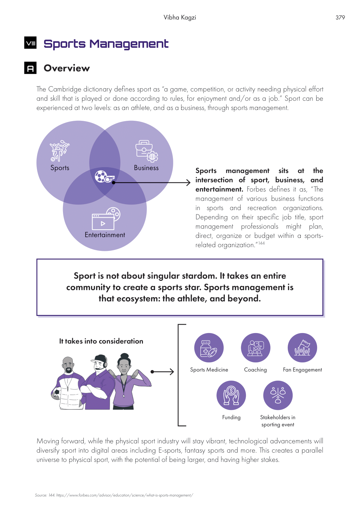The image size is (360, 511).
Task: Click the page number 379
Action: (340, 18)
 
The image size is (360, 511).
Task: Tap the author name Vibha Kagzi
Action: (180, 18)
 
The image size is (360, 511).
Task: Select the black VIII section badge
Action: (30, 43)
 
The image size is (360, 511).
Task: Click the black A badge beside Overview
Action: (30, 68)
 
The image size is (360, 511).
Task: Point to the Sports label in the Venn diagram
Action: (60, 168)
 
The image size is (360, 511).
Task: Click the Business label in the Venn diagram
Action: (146, 168)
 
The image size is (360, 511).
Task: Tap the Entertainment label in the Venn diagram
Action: (105, 235)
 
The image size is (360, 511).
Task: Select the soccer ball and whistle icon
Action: (104, 176)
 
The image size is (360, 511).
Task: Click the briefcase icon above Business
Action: (146, 151)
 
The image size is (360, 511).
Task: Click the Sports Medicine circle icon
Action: (209, 348)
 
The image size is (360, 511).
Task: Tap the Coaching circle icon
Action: (255, 348)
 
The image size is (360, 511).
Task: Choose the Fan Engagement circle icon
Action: (302, 348)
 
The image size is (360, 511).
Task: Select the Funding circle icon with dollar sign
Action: (231, 395)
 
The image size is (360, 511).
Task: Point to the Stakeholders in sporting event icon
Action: (278, 395)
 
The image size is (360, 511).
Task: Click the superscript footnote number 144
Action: (262, 243)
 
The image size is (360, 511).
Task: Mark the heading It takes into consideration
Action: (101, 341)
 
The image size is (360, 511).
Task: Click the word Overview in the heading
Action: (67, 68)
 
